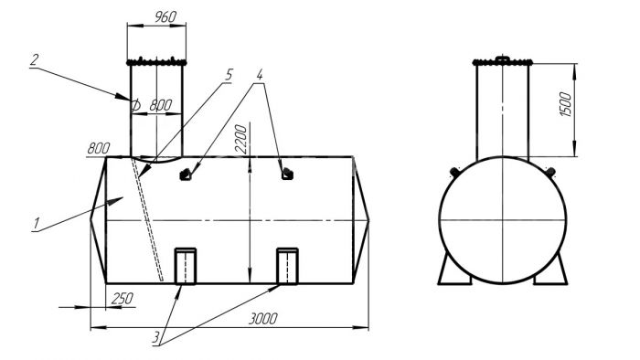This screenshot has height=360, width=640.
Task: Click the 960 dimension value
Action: pos(165,16)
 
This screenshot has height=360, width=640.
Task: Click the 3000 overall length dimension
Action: pos(263,318)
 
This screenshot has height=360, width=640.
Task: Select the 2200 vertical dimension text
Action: pos(241,139)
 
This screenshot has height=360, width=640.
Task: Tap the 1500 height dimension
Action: pos(565,104)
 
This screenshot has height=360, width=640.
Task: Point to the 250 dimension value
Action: pos(122,299)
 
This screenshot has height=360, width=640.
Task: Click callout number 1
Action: pos(37,224)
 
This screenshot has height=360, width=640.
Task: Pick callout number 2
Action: pos(35,60)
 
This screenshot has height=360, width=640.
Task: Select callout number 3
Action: pos(156,337)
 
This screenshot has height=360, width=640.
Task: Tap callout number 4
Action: pos(260,74)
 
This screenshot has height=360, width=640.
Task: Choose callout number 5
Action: pos(229,74)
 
